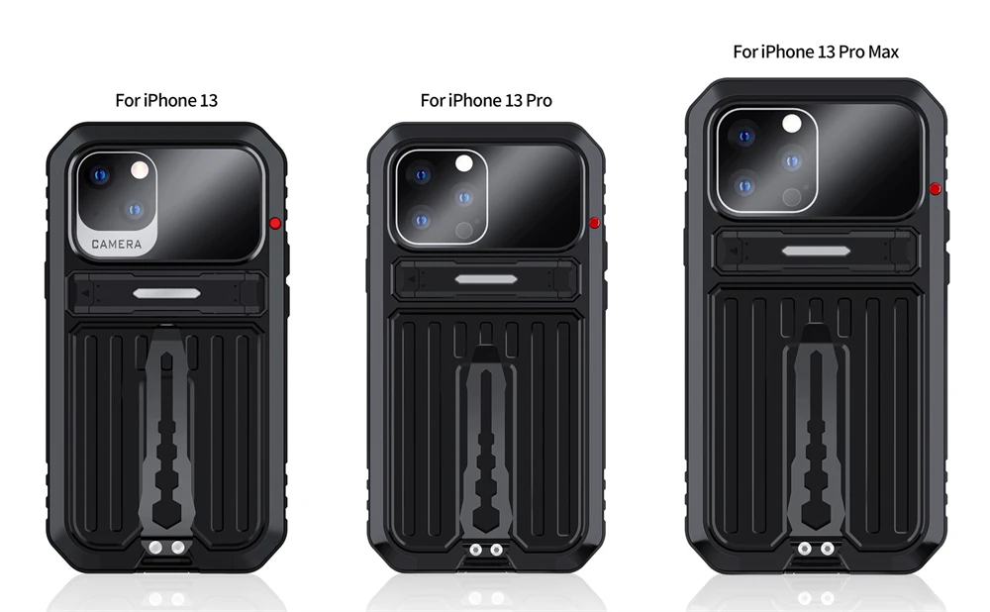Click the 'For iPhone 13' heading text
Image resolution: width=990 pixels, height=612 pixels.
(166, 100)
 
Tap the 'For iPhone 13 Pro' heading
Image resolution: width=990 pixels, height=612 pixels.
(486, 100)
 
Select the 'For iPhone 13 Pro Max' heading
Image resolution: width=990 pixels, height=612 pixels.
(816, 51)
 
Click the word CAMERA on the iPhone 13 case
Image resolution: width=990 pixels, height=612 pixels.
(117, 244)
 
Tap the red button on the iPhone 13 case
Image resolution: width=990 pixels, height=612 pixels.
(275, 223)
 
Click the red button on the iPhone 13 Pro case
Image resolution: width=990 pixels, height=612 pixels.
(594, 222)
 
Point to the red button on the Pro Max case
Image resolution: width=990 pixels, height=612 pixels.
(936, 188)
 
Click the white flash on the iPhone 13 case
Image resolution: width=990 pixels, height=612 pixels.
(140, 170)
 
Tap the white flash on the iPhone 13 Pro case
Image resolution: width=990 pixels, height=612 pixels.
(464, 164)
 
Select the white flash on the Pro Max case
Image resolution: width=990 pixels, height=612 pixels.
(792, 124)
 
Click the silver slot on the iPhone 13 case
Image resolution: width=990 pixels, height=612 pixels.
(166, 293)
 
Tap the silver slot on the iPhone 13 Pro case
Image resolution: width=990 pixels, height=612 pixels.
(486, 278)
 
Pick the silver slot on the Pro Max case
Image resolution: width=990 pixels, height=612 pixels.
(816, 251)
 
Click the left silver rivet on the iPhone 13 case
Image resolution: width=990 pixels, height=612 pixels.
(155, 548)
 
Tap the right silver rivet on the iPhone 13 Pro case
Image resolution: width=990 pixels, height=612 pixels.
(497, 550)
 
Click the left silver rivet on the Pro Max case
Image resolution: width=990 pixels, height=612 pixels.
(804, 549)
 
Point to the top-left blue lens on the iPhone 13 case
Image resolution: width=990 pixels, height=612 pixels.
(100, 175)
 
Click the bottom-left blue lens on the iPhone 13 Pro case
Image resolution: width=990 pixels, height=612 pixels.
(422, 221)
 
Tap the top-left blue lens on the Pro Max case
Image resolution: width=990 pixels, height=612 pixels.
(745, 137)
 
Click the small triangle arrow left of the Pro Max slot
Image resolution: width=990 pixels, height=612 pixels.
(734, 251)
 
